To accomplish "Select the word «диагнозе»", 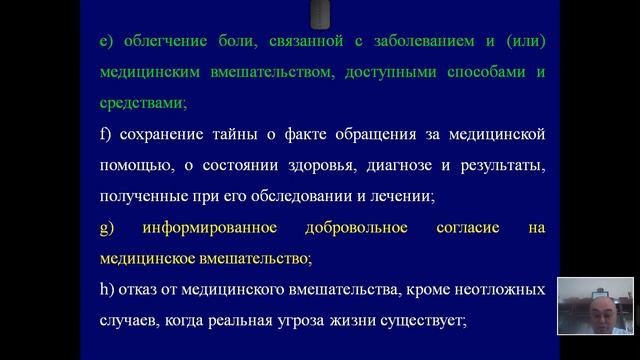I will tap(393, 164).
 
